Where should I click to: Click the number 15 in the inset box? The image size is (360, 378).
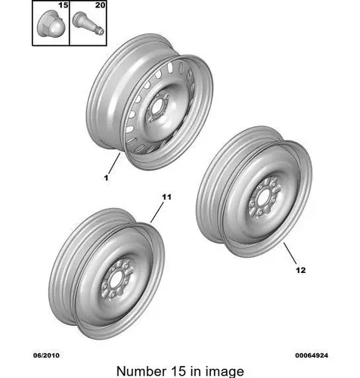[64, 5]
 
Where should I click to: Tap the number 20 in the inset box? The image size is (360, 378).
[100, 5]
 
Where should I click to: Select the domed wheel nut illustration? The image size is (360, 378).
[51, 24]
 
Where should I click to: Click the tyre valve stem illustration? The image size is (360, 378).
[88, 23]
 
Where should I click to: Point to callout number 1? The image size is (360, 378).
[106, 178]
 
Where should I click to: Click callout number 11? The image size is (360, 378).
[166, 197]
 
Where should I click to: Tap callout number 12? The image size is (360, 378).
[300, 270]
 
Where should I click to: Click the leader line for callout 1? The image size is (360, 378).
[114, 163]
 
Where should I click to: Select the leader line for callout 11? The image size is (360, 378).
[157, 213]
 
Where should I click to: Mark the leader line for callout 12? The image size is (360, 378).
[290, 253]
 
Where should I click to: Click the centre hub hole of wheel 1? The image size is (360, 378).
[157, 107]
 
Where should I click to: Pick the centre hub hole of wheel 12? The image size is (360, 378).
[263, 198]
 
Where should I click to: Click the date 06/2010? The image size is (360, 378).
[46, 355]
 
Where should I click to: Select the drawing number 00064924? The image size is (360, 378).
[312, 355]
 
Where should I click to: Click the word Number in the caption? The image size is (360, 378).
[141, 371]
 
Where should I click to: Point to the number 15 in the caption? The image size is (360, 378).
[178, 371]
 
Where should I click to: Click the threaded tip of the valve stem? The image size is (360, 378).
[101, 31]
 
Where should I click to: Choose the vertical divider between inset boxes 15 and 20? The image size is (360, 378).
[70, 23]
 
